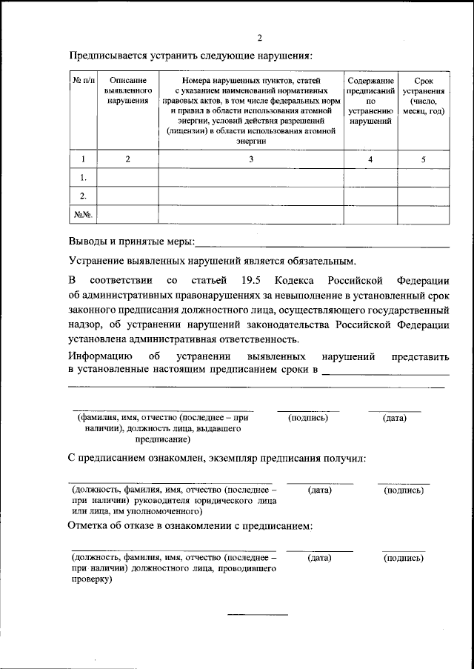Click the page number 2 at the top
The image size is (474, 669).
tap(258, 38)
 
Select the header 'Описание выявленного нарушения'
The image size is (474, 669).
tap(127, 90)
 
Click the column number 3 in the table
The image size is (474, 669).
tap(250, 159)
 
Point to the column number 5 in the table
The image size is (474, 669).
tap(423, 159)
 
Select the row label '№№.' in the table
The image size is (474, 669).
tap(83, 215)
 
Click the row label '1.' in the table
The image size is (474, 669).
tap(83, 178)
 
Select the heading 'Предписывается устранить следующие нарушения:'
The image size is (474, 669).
tap(191, 56)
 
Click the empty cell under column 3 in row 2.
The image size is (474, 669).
tap(250, 196)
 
